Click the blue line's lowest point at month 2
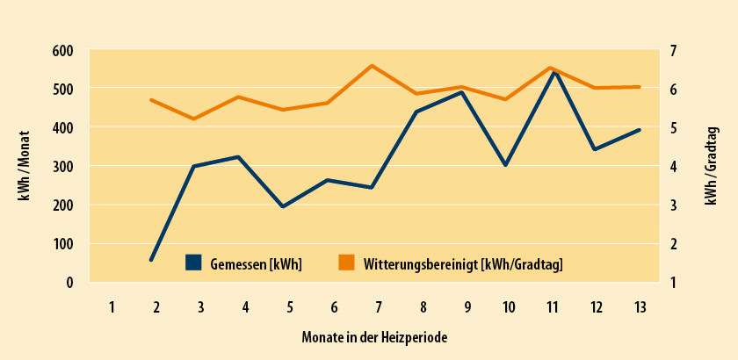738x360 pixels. pos(151,259)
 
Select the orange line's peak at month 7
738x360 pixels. pos(373,66)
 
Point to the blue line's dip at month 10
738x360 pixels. pos(505,165)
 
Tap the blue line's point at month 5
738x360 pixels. pos(283,206)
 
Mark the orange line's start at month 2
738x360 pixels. pos(151,100)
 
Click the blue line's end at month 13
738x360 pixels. pos(639,130)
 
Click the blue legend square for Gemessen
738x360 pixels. pos(194,263)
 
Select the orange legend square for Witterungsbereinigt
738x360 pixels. pos(346,263)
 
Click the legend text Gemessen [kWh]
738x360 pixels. pos(256,263)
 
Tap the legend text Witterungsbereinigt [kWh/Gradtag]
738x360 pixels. pos(463,263)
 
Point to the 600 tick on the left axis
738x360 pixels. pos(61,51)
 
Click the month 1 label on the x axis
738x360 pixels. pos(112,307)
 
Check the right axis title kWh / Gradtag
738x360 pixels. pos(713,165)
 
